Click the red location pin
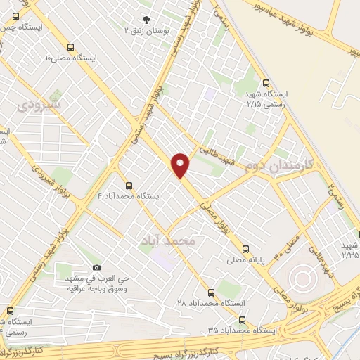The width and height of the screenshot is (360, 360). [x=181, y=165]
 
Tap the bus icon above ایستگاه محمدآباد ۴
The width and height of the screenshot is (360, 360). [x=128, y=186]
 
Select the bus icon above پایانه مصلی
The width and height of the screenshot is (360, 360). [x=245, y=249]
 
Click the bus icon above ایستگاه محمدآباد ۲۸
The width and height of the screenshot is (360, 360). [x=211, y=292]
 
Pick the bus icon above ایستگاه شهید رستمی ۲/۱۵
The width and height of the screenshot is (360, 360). [x=264, y=82]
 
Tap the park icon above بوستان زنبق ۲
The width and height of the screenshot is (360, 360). [x=146, y=20]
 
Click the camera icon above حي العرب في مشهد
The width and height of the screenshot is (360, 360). [x=96, y=268]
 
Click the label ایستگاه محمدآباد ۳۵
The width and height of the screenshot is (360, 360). [x=242, y=329]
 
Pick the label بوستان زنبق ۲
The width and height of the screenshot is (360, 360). [x=147, y=31]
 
